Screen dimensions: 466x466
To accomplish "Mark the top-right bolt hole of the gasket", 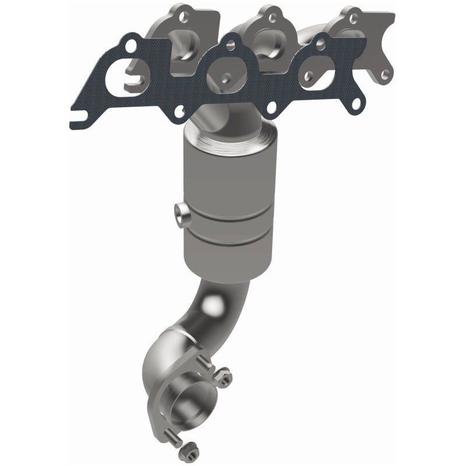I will pos(320,41).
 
